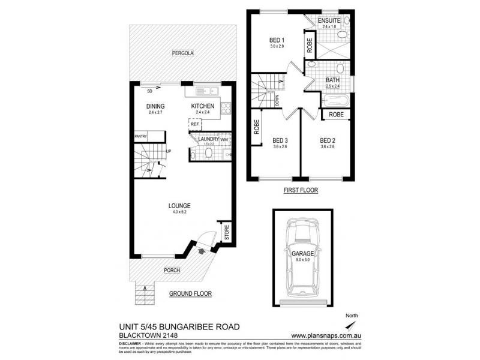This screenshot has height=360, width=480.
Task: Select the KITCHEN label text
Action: pos(202,106)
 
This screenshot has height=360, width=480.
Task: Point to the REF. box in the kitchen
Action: pos(195,125)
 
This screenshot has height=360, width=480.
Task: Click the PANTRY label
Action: pos(140,137)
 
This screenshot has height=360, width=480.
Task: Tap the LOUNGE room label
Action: pos(180,206)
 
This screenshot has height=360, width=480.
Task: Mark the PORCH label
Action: pos(172,271)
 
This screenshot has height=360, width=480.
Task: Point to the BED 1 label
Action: pos(276,41)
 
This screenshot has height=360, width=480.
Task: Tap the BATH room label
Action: pos(332,80)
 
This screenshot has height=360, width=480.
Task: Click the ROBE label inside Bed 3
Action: pos(256,128)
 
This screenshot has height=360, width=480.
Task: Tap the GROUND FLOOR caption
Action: pos(190,293)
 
